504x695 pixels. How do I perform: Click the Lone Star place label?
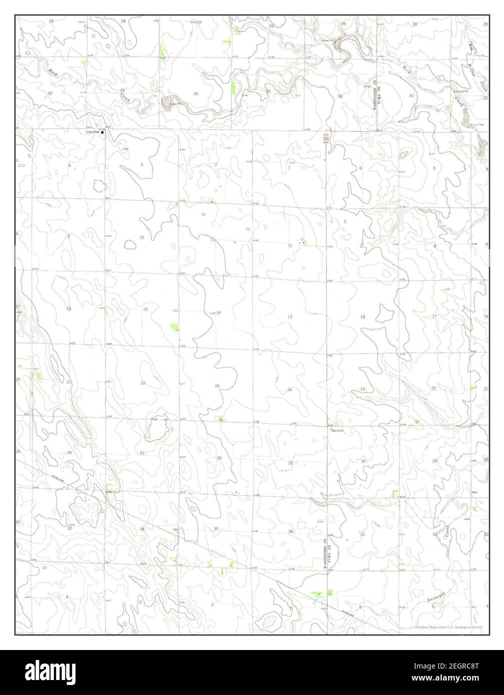(x=93, y=132)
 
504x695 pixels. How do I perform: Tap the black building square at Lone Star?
(x=103, y=132)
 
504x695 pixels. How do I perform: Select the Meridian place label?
(x=336, y=429)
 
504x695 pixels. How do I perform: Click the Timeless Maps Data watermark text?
(x=448, y=626)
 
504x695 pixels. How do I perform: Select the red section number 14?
(x=218, y=312)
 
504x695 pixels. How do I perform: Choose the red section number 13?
(x=289, y=317)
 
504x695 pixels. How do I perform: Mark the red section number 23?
(x=217, y=386)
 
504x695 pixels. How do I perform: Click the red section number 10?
(x=141, y=237)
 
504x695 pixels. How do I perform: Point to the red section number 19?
(x=362, y=389)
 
